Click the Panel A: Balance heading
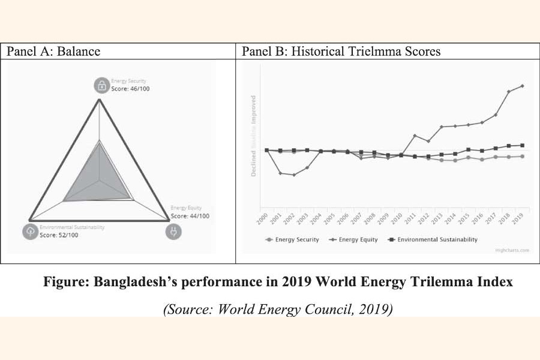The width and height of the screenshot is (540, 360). tap(53, 52)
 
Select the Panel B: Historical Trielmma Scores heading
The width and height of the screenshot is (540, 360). tap(341, 52)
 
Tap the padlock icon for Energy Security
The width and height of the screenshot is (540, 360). tap(101, 85)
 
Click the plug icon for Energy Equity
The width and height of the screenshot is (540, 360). tap(173, 231)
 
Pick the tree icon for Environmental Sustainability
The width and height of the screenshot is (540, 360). tap(31, 231)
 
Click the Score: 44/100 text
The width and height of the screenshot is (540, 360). tap(190, 216)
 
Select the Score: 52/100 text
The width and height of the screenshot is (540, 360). tap(59, 235)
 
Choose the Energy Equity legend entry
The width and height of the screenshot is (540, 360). tap(356, 239)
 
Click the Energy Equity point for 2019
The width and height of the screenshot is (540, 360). tap(523, 86)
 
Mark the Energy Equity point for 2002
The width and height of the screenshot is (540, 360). tap(294, 175)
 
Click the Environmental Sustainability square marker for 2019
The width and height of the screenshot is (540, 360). tap(523, 145)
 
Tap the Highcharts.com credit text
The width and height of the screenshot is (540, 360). tap(512, 251)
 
